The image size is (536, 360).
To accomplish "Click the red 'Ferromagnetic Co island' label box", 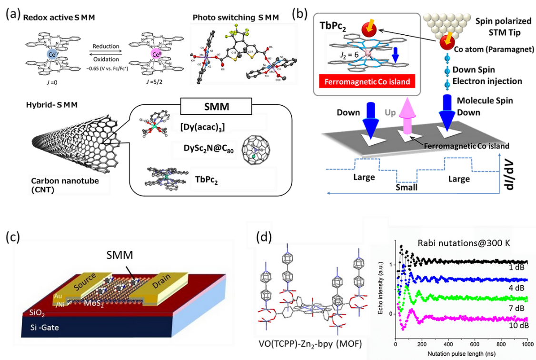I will coord(366,81).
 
